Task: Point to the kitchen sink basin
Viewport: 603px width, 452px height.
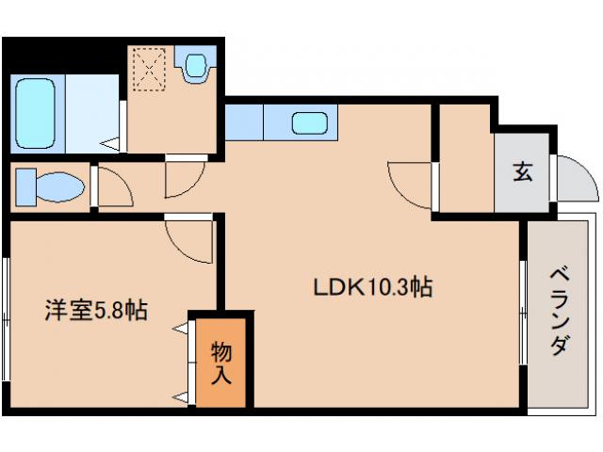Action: click(x=309, y=123)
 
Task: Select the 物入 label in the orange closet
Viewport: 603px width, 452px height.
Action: click(x=221, y=362)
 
